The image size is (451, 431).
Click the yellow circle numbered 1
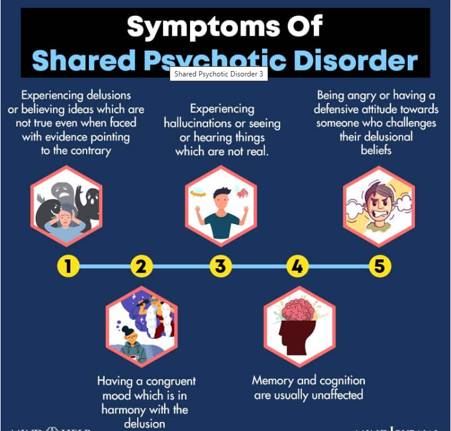[x=69, y=265]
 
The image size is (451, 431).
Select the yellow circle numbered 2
[x=141, y=265]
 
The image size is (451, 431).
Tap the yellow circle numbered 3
[x=221, y=265]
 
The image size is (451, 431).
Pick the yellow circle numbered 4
[x=297, y=265]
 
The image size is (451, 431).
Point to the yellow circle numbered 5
[x=379, y=265]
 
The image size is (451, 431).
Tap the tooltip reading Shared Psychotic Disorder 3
[x=219, y=75]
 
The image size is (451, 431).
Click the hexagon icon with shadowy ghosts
[x=67, y=206]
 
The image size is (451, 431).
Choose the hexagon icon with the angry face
[x=379, y=206]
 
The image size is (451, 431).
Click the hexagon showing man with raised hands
[x=220, y=206]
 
